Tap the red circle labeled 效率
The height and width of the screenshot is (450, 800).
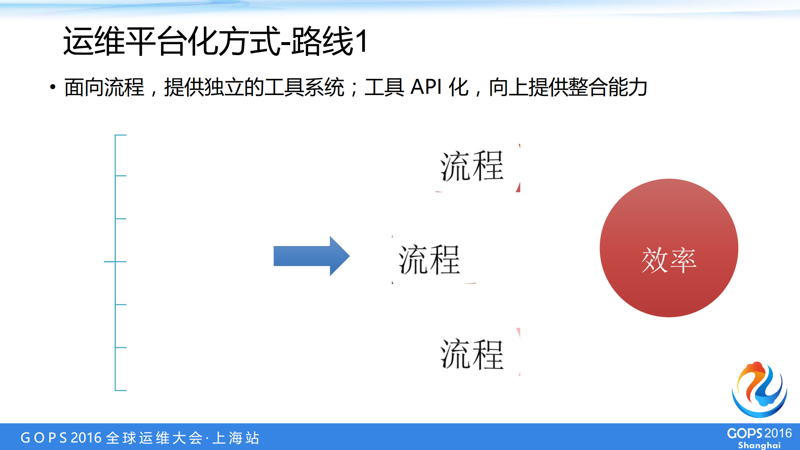click(669, 248)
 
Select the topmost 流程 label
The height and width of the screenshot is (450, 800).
click(472, 166)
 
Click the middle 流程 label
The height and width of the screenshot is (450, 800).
click(429, 260)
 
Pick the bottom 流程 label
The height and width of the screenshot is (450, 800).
click(472, 354)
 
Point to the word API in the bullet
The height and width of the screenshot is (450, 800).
click(426, 88)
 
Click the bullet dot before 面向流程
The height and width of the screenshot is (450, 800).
click(53, 87)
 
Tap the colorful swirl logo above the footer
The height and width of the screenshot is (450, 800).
click(759, 390)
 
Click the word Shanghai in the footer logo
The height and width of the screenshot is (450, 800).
click(759, 445)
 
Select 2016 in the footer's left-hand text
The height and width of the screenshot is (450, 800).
click(86, 438)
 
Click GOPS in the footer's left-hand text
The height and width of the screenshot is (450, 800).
click(44, 438)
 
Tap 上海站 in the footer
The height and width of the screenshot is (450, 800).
click(236, 438)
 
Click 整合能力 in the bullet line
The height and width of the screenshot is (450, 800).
click(608, 88)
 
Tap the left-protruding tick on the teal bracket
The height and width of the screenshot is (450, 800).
click(109, 261)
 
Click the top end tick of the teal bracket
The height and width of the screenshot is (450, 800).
click(120, 135)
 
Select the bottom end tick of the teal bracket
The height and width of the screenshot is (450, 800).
click(120, 390)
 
